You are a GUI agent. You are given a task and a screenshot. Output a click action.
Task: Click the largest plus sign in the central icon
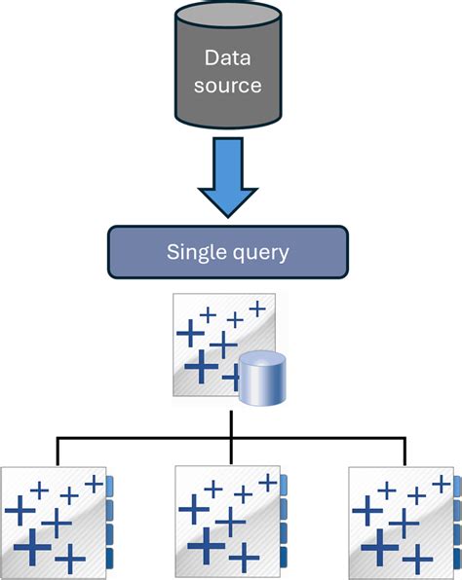[202, 368]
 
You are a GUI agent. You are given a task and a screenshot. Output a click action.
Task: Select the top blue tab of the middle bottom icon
[284, 484]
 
